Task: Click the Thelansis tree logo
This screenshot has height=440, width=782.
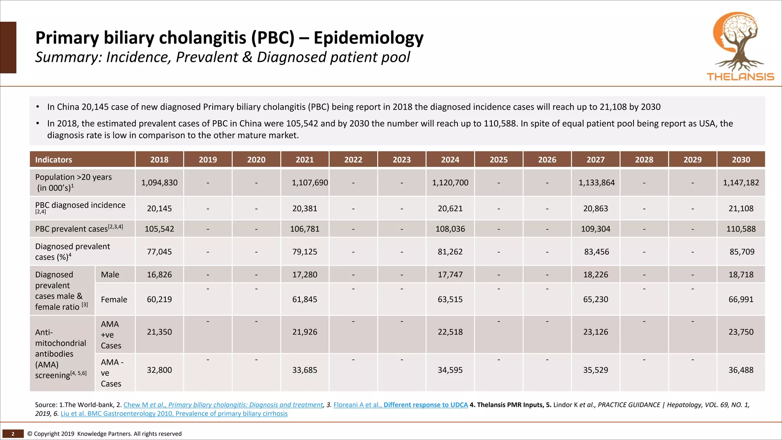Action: [740, 46]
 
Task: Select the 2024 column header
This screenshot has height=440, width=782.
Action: [450, 160]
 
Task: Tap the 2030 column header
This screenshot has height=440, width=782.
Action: [741, 160]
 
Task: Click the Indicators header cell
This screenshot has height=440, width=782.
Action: [53, 160]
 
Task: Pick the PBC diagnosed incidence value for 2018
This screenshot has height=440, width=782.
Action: [159, 209]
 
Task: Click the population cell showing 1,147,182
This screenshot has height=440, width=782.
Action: [741, 183]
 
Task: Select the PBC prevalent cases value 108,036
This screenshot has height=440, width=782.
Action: [450, 229]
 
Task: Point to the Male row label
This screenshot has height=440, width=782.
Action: [110, 275]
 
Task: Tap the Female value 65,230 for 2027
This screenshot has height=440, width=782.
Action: [595, 299]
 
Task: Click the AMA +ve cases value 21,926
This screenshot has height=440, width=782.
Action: [304, 332]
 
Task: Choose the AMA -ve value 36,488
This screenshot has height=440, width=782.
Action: [741, 370]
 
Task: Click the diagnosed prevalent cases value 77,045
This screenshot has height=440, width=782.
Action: [159, 252]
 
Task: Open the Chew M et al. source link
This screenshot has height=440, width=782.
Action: [223, 405]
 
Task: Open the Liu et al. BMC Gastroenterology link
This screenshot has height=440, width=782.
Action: [174, 414]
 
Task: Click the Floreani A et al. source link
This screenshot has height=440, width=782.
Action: [400, 405]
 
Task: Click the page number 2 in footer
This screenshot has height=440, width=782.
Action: [13, 434]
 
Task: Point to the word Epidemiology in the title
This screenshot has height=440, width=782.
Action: [368, 38]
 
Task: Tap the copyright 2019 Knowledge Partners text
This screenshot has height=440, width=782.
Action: [104, 434]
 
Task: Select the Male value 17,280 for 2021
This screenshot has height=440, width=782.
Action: [304, 275]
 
